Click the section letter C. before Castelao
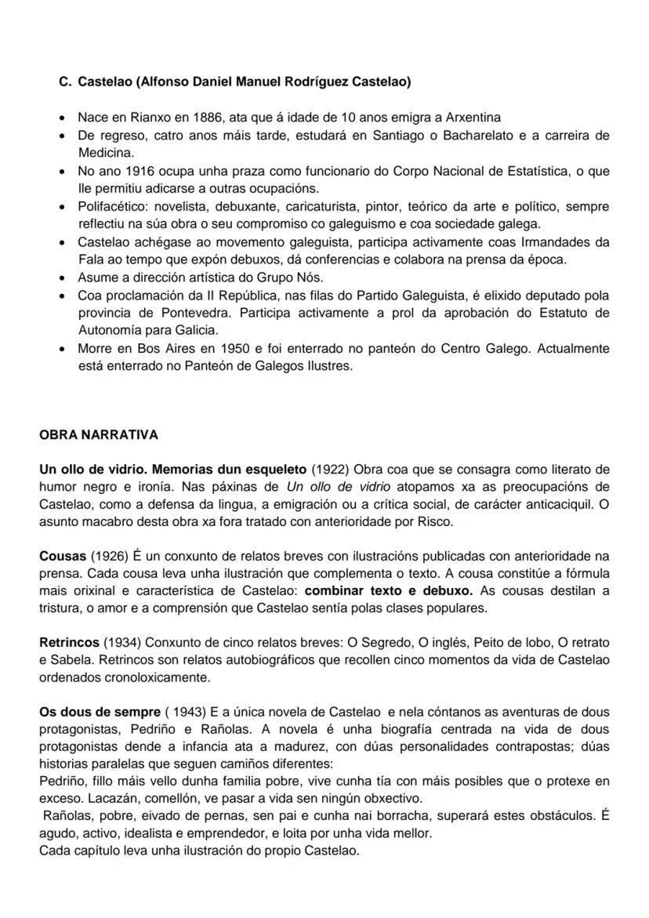pyautogui.click(x=65, y=82)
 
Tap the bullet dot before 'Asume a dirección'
pyautogui.click(x=62, y=278)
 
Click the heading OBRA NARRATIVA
pyautogui.click(x=99, y=434)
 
